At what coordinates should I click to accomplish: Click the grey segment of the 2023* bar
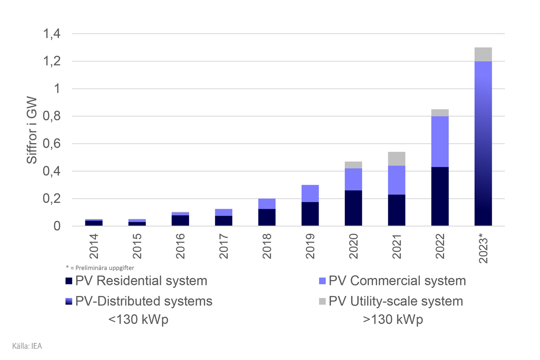[x=483, y=54]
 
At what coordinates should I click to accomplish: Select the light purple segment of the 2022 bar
[x=440, y=142]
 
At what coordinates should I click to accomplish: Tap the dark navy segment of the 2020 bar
[x=353, y=208]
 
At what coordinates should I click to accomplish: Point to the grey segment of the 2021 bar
[x=396, y=159]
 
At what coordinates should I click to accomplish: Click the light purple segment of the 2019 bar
[x=310, y=193]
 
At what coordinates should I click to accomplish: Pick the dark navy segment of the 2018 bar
[x=267, y=217]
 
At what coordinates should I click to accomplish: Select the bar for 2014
[x=94, y=222]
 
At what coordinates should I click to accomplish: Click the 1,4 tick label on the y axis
[x=51, y=34]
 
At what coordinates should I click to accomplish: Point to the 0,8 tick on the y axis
[x=51, y=117]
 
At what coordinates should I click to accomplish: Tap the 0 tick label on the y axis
[x=57, y=226]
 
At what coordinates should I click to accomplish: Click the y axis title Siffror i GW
[x=32, y=130]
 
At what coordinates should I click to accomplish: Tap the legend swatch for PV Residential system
[x=69, y=281]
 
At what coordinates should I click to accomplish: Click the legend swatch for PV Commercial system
[x=322, y=281]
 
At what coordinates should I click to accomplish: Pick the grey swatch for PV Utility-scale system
[x=322, y=301]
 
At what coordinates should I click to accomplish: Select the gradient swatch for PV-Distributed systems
[x=69, y=301]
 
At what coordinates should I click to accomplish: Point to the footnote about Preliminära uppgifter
[x=100, y=268]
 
